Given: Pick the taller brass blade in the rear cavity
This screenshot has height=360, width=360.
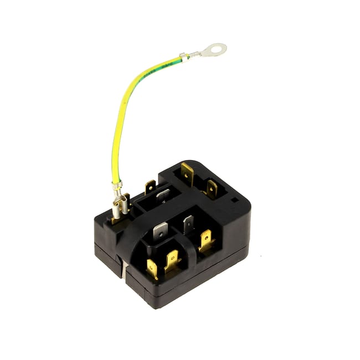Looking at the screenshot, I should [x=187, y=174].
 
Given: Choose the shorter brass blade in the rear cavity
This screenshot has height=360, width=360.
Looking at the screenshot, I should [x=211, y=188].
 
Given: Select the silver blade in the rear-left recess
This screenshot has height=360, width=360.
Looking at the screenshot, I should [x=162, y=195].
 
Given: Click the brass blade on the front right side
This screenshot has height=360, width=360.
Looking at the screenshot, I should [x=206, y=240].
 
